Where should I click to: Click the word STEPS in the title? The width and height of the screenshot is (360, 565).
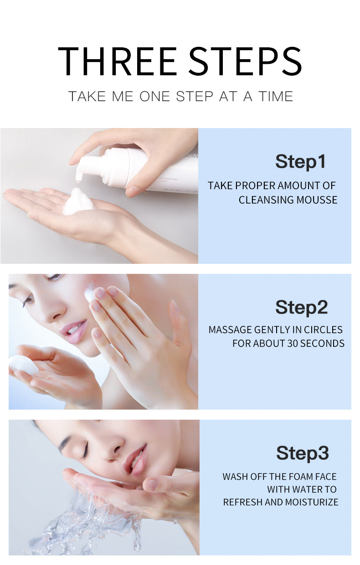point(246,61)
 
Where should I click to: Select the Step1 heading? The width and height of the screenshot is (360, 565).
point(300,162)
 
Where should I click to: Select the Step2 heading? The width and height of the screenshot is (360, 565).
point(301,308)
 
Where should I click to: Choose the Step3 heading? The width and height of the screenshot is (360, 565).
point(302,454)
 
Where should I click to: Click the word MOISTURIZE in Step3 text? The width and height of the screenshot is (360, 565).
point(311,502)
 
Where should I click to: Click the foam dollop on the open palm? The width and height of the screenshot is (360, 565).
point(78,203)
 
